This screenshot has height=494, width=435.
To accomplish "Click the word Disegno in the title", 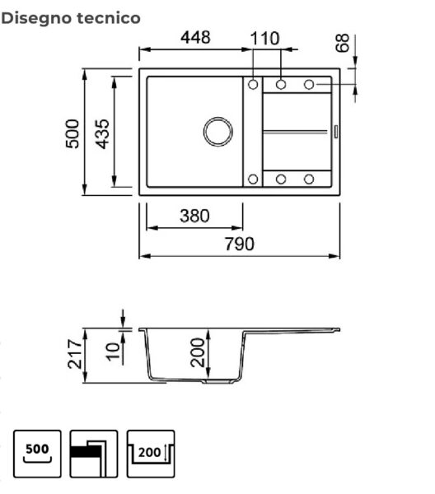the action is [x=36, y=19].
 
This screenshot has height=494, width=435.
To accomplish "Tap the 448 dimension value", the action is [x=195, y=38].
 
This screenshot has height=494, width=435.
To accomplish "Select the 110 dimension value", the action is [x=264, y=39].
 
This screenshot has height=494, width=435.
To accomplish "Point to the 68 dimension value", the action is [x=343, y=43].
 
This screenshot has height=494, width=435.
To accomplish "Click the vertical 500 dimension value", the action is [x=72, y=133].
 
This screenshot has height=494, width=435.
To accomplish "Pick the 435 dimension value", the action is [x=102, y=133].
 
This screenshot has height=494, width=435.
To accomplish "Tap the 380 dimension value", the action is [x=194, y=216].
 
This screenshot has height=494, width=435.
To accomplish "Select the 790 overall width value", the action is [x=239, y=245].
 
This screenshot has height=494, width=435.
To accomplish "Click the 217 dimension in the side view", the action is [x=75, y=354].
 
